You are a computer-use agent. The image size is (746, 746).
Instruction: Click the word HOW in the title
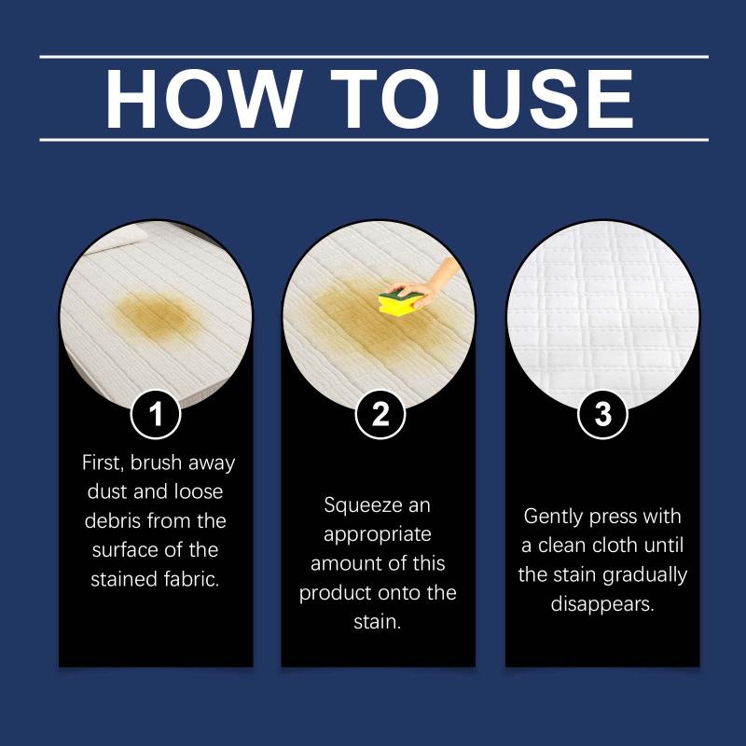click(203, 99)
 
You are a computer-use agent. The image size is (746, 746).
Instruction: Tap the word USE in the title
click(551, 99)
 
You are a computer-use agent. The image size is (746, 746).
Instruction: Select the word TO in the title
click(384, 99)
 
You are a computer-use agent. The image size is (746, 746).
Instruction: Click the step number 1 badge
click(156, 414)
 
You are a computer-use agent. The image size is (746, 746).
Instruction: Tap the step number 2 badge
click(380, 414)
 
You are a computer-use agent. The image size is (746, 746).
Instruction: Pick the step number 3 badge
click(602, 414)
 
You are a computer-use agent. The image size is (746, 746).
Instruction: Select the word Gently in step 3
click(553, 517)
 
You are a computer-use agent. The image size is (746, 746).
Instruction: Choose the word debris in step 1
click(113, 520)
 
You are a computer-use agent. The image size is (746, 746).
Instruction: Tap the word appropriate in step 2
click(378, 535)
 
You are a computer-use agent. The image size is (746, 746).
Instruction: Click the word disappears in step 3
click(602, 604)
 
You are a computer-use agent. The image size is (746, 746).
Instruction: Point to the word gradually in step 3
click(644, 575)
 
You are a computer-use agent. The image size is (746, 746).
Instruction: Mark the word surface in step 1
click(122, 550)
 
